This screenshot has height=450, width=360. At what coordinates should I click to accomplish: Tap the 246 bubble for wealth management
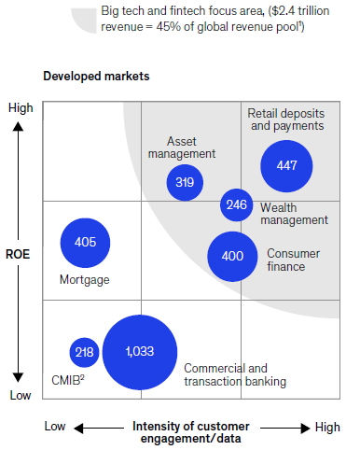[237, 204]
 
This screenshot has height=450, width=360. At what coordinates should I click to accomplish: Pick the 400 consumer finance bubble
[232, 255]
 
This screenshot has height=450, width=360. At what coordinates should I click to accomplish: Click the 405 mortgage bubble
[86, 242]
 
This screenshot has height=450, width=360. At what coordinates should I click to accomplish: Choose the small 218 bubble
[85, 352]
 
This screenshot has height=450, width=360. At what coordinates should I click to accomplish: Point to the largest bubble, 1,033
[140, 352]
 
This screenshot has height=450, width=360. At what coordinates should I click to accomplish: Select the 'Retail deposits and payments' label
[285, 119]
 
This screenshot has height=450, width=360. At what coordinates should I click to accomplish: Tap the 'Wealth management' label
[293, 213]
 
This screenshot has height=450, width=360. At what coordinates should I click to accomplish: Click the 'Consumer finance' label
[292, 260]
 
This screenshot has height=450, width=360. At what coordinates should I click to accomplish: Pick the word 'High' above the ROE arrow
[20, 108]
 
